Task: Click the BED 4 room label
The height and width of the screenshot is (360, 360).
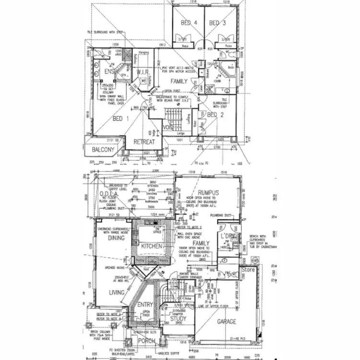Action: tap(189, 23)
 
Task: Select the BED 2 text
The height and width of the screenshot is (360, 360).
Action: tap(216, 115)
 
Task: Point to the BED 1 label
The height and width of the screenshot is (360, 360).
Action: tap(120, 118)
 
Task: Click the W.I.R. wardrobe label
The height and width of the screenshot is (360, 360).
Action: tap(144, 72)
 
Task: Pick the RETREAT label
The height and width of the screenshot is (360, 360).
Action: tap(144, 142)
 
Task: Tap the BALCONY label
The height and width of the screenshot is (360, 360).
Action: tap(103, 150)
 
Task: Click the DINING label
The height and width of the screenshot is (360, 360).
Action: tap(117, 237)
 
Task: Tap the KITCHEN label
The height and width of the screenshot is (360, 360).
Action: tap(152, 246)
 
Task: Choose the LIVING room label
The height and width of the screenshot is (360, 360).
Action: tap(117, 292)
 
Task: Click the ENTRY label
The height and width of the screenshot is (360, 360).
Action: tap(145, 305)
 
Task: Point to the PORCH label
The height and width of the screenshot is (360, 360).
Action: tap(146, 341)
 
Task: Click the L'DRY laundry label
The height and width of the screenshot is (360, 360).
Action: tap(227, 237)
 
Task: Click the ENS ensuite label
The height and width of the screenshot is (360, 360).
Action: tap(109, 72)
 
